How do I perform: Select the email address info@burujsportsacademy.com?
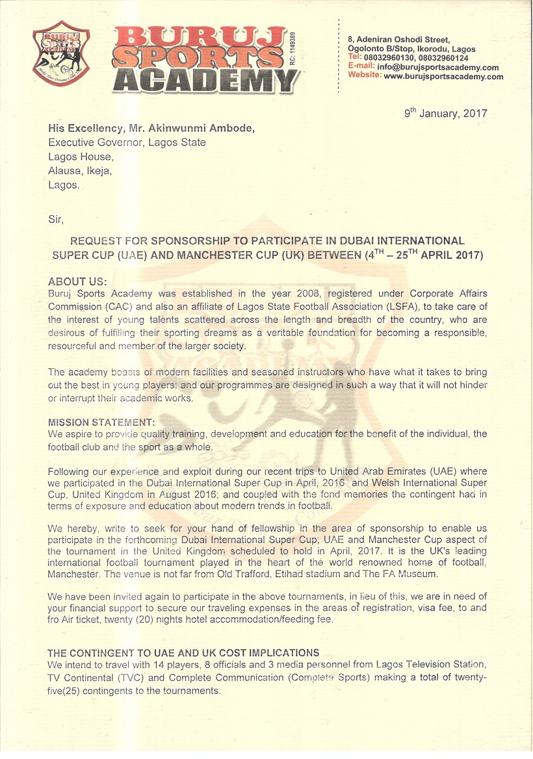click(438, 68)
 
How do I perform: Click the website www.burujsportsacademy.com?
click(443, 77)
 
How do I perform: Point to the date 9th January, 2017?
click(445, 114)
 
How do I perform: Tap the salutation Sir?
click(56, 220)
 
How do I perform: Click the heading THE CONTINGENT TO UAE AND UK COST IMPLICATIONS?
click(183, 652)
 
